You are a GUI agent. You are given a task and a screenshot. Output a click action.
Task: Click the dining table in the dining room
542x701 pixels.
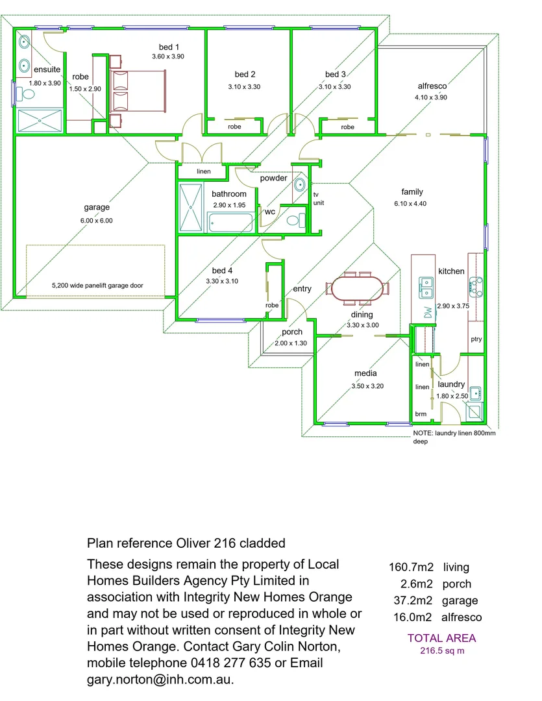pos(357,289)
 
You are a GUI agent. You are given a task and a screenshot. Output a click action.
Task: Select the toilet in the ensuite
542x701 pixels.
pos(25,94)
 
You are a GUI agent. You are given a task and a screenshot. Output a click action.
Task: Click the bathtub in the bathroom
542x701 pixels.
pos(230,222)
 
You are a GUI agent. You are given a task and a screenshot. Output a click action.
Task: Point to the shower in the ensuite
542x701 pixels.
pos(40,120)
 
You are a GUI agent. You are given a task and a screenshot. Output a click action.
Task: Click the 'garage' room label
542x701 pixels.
pos(97,207)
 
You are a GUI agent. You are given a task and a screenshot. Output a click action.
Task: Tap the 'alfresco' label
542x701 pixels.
pos(432,86)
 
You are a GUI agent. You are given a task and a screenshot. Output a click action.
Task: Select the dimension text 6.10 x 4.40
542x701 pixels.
pos(410,203)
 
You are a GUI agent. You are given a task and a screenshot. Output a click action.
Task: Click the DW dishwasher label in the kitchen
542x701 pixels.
pos(428,312)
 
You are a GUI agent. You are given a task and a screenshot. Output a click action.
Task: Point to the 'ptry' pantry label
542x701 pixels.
pos(476,339)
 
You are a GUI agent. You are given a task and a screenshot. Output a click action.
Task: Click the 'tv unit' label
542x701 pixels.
pos(319,199)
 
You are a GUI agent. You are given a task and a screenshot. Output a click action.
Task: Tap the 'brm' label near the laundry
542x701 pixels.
pos(421,414)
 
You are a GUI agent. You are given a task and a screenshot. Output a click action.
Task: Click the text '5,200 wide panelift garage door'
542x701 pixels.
pos(97,285)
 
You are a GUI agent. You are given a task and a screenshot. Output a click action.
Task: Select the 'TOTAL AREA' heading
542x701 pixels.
pos(441,638)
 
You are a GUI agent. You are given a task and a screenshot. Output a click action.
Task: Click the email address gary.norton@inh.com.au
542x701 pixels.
pos(160,680)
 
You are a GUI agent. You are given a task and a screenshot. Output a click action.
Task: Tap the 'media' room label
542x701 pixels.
pos(365,373)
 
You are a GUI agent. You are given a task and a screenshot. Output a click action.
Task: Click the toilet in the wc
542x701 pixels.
pos(295,220)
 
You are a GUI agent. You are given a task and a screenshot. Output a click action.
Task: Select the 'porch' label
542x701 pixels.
pos(292,332)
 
